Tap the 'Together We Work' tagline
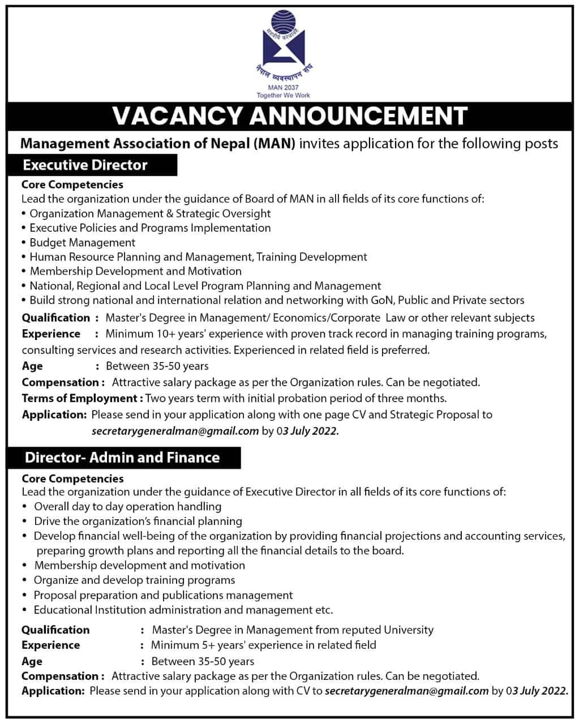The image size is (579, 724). [284, 95]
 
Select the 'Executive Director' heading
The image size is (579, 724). [85, 165]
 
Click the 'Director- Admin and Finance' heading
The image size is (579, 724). [122, 457]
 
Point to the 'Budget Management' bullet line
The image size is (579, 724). [83, 243]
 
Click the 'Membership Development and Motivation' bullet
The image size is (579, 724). [136, 271]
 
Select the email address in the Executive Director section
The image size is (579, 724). [175, 431]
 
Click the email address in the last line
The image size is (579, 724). [408, 691]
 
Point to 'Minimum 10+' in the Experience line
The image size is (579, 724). [137, 334]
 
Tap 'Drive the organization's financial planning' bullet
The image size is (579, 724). [138, 521]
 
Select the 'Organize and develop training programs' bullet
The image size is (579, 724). [135, 580]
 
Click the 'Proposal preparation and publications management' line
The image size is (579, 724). [164, 595]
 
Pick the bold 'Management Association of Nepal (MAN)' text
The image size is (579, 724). [158, 144]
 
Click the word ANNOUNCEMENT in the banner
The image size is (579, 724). [359, 115]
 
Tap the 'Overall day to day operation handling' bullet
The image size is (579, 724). [128, 506]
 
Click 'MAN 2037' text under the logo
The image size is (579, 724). [284, 88]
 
